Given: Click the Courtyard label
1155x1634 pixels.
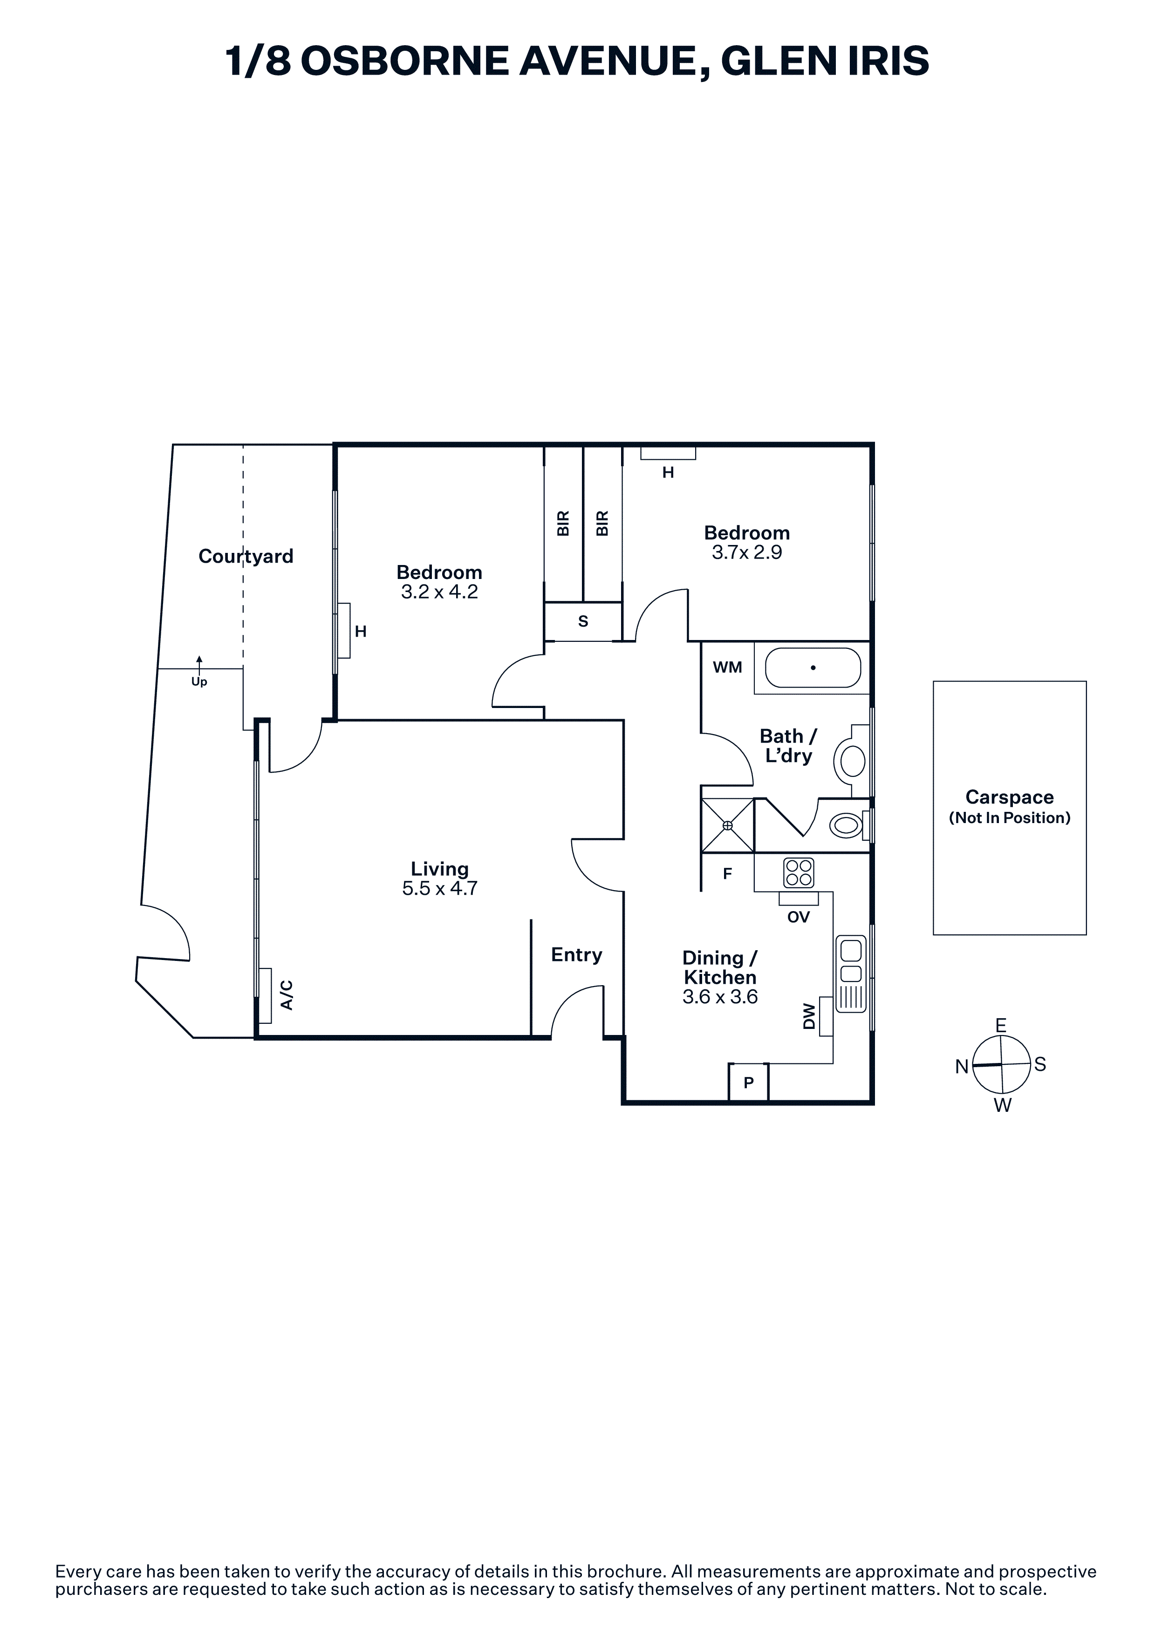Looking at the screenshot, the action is [x=246, y=556].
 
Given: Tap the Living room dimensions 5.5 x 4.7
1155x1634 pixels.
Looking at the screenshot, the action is [x=440, y=888].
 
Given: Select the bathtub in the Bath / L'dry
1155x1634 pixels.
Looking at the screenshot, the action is [x=813, y=667].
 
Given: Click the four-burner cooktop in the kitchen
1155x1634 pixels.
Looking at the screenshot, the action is [x=799, y=872].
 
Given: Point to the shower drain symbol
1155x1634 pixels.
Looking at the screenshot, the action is [x=727, y=825].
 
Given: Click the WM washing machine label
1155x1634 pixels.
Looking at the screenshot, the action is [x=727, y=667].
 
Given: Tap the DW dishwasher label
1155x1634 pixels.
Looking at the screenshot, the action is [x=808, y=1016].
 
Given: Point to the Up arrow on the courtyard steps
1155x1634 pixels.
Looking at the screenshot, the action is [x=199, y=665].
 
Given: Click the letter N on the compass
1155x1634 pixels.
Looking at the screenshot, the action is [x=962, y=1066].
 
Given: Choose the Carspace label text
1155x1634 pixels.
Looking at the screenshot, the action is [x=1009, y=797].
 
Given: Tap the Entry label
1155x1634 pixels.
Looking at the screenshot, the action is [x=576, y=955].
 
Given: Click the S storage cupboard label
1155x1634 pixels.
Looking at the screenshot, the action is [x=583, y=621].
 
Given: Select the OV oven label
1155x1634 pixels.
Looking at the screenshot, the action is [x=799, y=917].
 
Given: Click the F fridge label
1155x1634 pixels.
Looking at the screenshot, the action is [x=727, y=874].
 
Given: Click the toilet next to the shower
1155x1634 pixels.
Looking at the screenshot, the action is [x=847, y=825].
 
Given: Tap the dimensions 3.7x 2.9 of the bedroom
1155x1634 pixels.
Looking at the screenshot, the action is [x=746, y=552].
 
